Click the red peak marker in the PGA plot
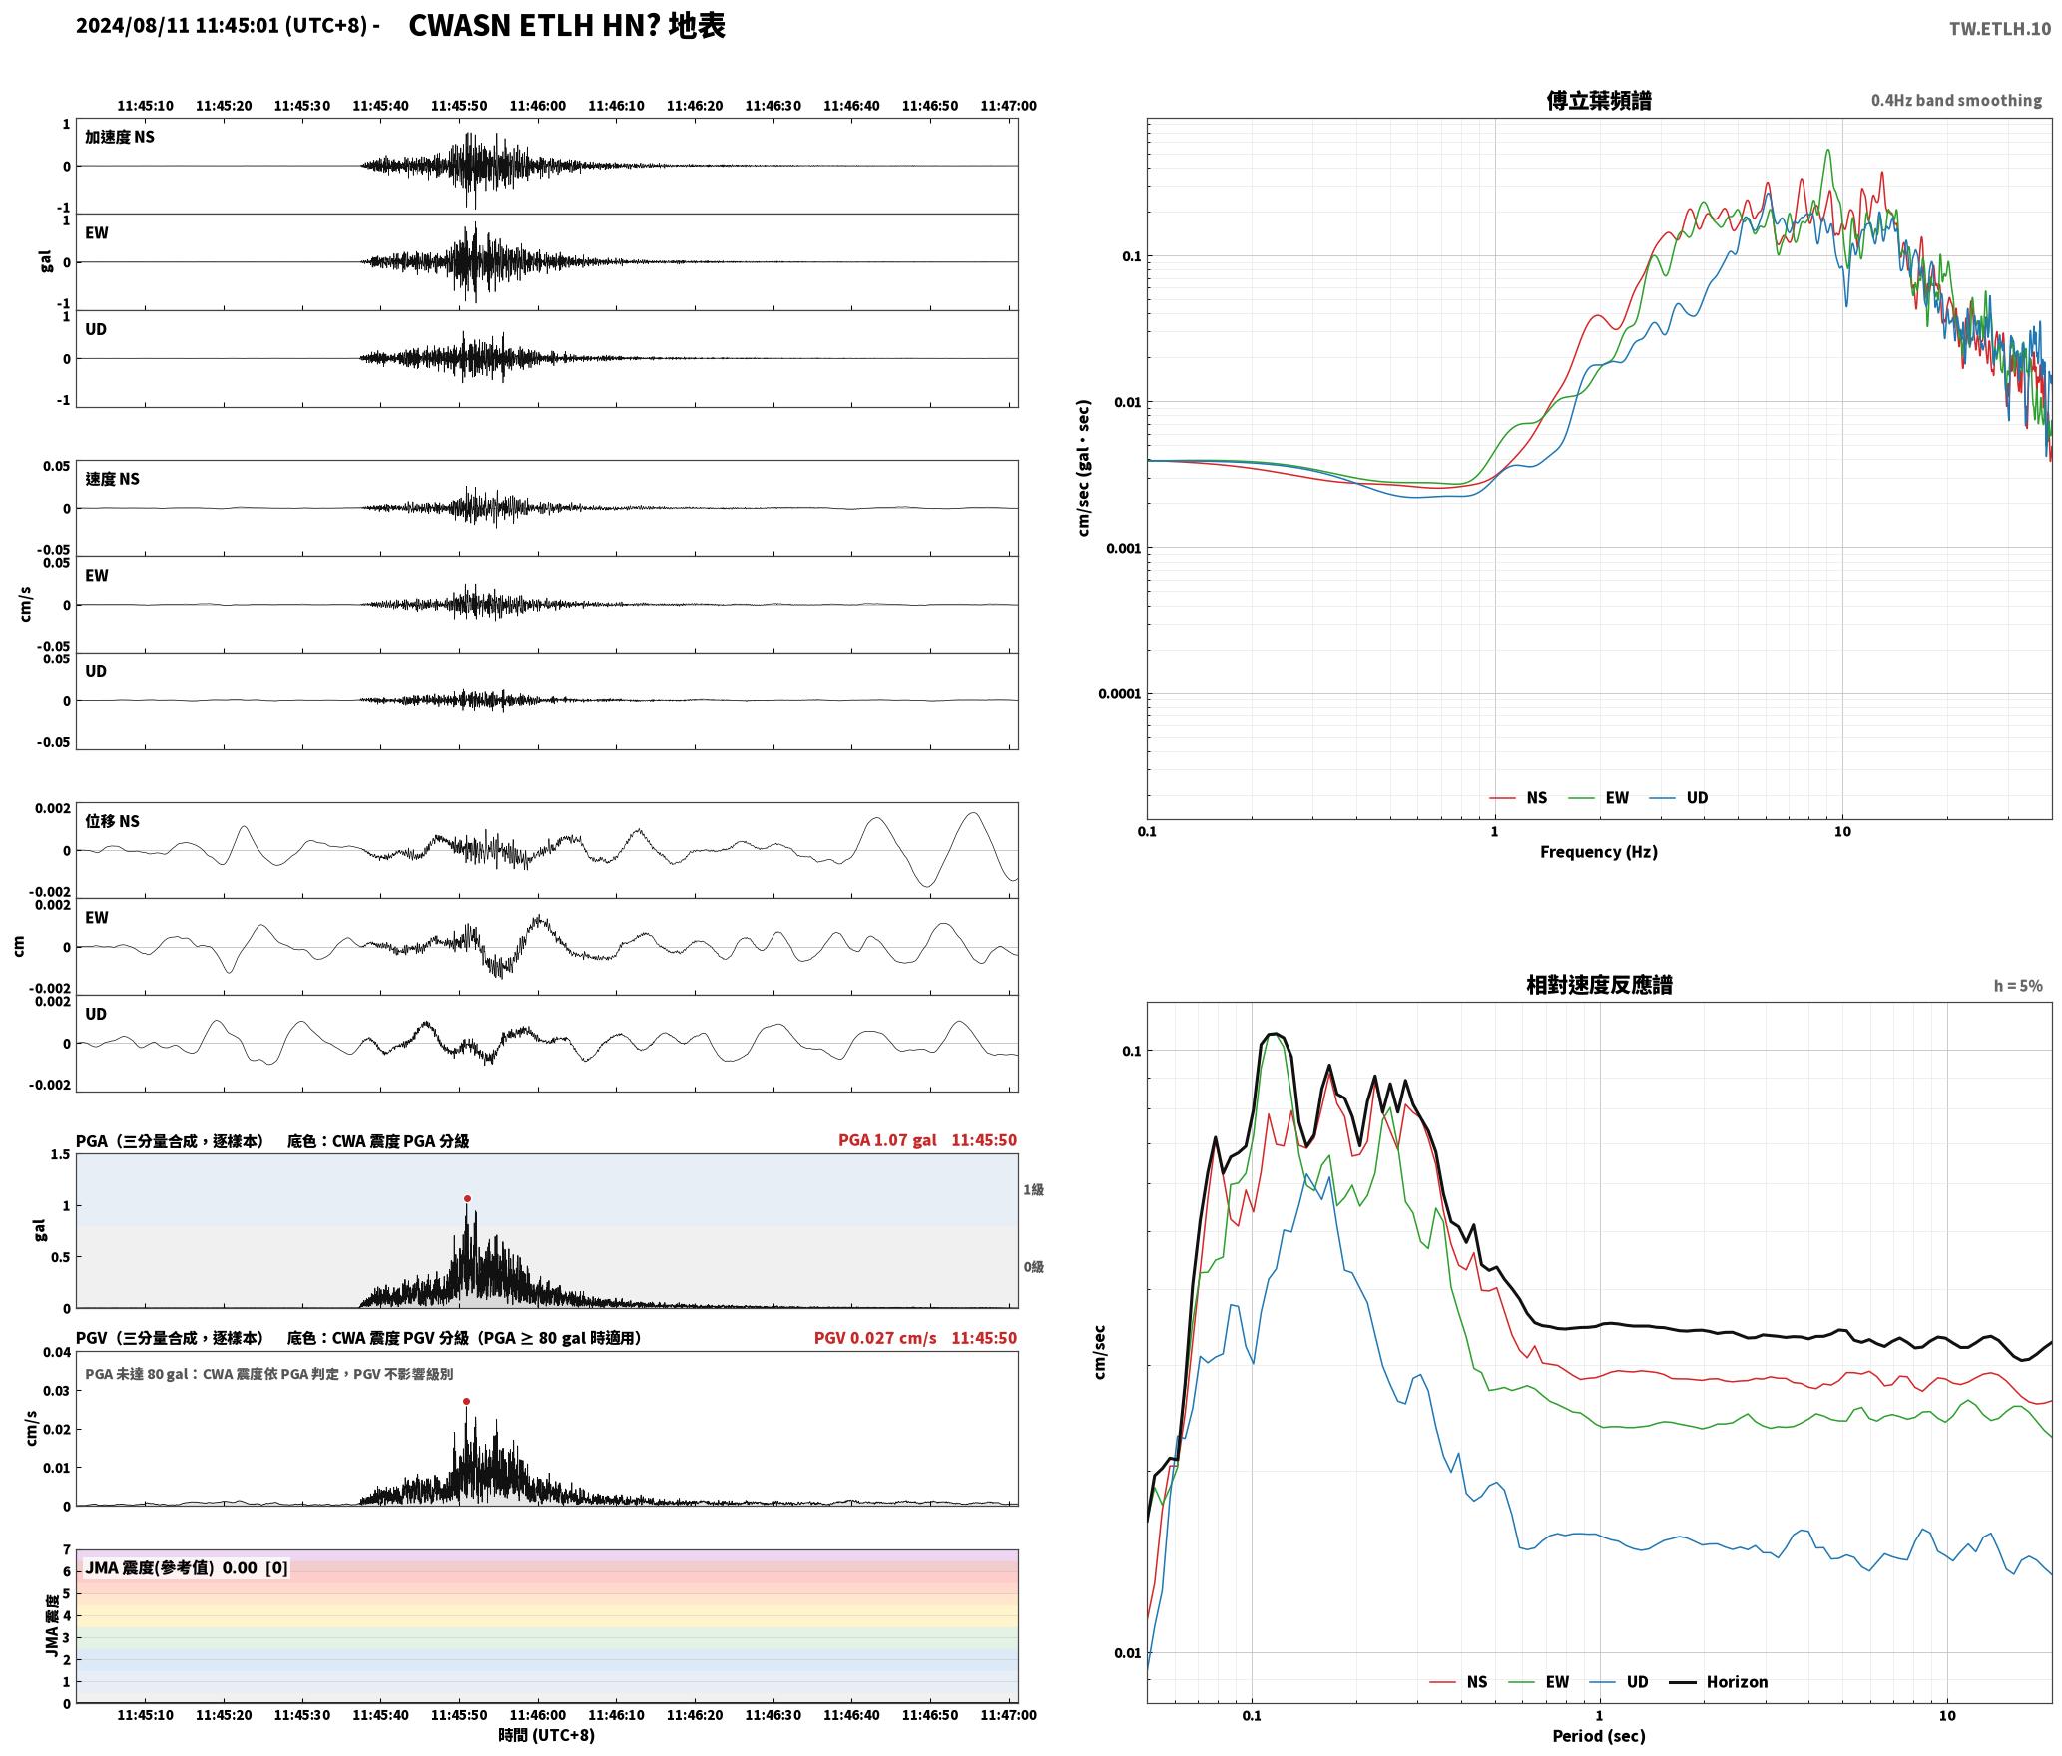(x=467, y=1198)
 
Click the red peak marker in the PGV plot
(x=466, y=1401)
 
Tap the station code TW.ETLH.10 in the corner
(x=2000, y=28)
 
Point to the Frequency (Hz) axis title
(x=1598, y=851)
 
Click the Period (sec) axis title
(x=1598, y=1735)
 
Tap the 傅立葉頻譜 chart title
(x=1598, y=100)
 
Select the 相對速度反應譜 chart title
(x=1599, y=984)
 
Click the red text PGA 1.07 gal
(x=887, y=1140)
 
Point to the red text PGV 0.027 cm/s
(x=875, y=1338)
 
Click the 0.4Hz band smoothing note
(x=1956, y=100)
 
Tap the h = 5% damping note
(x=2018, y=985)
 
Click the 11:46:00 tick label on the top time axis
(x=538, y=105)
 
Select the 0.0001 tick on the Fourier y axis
(x=1119, y=693)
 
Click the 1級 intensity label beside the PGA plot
(x=1033, y=1189)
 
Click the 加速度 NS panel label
(x=120, y=137)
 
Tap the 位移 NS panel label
(x=112, y=821)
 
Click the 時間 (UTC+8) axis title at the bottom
(x=546, y=1735)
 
